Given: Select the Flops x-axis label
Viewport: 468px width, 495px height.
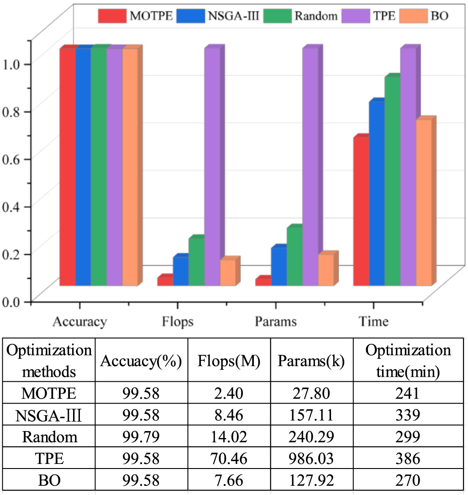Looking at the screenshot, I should pos(178,321).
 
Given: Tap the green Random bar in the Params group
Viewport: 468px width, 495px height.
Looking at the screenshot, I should pos(294,256).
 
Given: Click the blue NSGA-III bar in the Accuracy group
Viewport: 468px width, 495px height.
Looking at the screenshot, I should pos(83,167).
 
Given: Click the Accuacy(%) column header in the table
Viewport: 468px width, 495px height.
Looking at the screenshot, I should pos(141,362).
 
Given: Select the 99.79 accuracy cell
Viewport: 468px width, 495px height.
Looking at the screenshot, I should pos(141,437).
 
